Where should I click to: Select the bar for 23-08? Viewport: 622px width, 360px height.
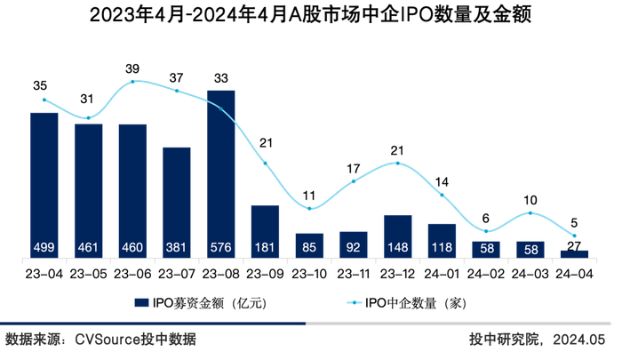pyautogui.click(x=220, y=173)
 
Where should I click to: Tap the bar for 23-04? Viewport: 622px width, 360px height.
pyautogui.click(x=44, y=185)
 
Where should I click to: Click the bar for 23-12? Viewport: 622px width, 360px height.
pyautogui.click(x=397, y=236)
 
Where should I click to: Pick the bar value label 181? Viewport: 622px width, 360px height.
pyautogui.click(x=265, y=248)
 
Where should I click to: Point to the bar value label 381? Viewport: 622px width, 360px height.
pyautogui.click(x=177, y=248)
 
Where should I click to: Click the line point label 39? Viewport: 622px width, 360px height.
pyautogui.click(x=132, y=68)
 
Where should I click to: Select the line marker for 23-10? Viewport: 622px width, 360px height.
pyautogui.click(x=309, y=208)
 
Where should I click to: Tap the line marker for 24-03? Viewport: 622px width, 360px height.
pyautogui.click(x=530, y=212)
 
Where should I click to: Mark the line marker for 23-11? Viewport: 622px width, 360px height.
pyautogui.click(x=354, y=181)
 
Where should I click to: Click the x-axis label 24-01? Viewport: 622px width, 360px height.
pyautogui.click(x=442, y=274)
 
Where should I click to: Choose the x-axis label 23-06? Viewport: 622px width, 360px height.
pyautogui.click(x=132, y=274)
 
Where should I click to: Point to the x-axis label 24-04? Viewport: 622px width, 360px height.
pyautogui.click(x=574, y=274)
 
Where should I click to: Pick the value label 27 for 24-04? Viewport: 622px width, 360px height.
pyautogui.click(x=574, y=246)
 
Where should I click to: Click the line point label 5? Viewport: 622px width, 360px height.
pyautogui.click(x=574, y=224)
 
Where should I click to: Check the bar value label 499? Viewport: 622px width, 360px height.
pyautogui.click(x=44, y=248)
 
